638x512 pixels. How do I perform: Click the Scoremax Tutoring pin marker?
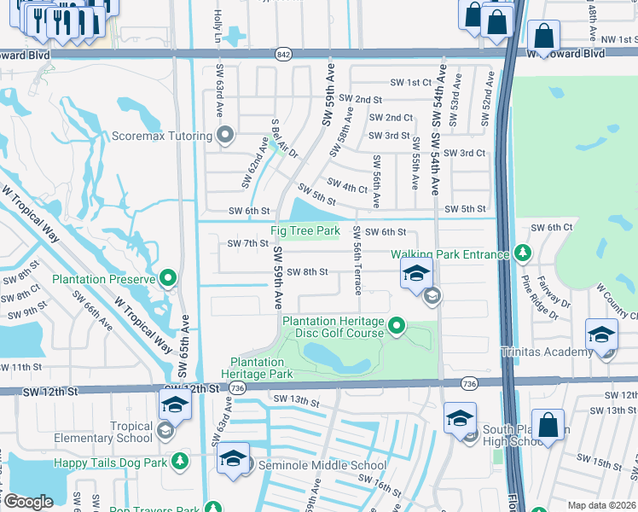pos(225,136)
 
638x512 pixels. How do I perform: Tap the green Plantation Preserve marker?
pos(168,278)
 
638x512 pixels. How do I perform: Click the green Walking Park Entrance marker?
pos(521,253)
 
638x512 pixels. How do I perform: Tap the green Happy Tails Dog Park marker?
pos(179,461)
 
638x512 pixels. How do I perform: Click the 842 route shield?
pos(283,54)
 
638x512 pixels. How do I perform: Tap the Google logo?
pos(27,502)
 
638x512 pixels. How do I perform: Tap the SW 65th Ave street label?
pos(183,346)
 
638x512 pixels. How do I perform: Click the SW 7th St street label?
pos(248,244)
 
